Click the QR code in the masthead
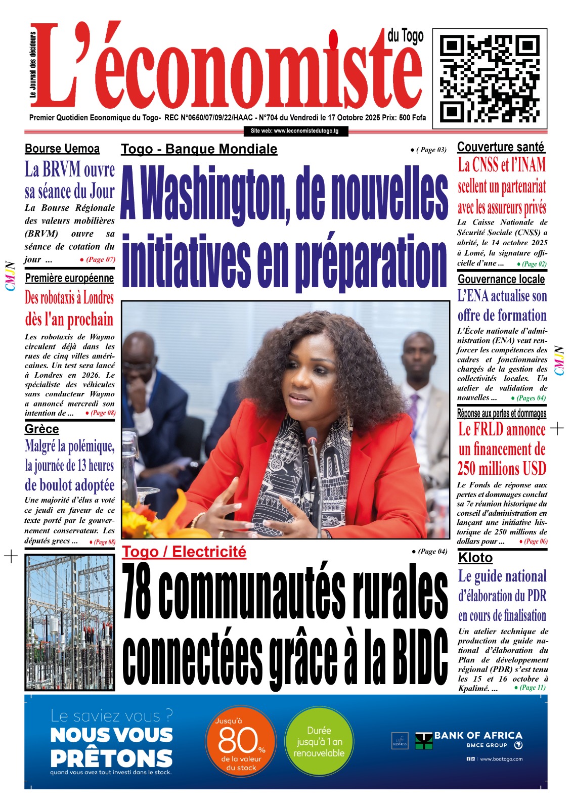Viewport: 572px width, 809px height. [490, 76]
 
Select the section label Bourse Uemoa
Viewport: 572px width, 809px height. [62, 149]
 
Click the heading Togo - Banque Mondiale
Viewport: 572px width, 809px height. [199, 149]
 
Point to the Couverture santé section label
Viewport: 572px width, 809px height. [501, 147]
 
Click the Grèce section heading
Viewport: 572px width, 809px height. [42, 429]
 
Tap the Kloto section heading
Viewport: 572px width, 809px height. [475, 558]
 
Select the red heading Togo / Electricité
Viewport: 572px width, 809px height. [184, 552]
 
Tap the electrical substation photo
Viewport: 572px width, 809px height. [70, 622]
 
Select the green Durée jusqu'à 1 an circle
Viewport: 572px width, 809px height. [319, 741]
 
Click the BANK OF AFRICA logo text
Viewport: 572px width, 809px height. [478, 736]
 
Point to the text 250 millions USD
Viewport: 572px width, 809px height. [502, 469]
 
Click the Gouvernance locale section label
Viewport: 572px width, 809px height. [501, 279]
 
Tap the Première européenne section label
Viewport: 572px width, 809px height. [69, 278]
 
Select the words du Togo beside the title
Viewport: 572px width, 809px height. [405, 36]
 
